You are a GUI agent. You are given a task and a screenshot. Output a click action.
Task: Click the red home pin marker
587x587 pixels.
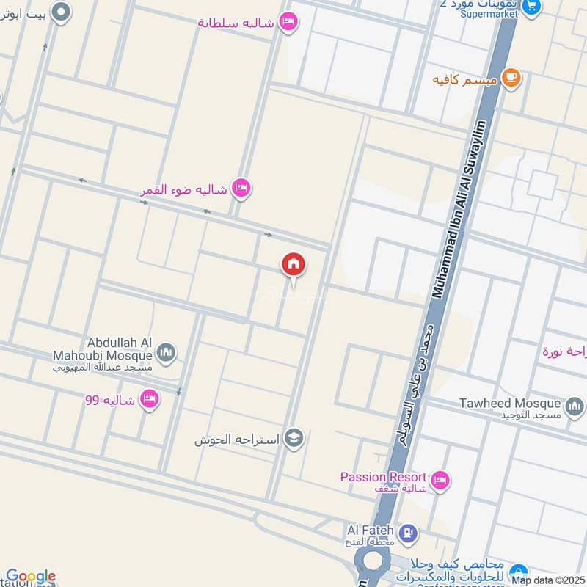pyautogui.click(x=293, y=264)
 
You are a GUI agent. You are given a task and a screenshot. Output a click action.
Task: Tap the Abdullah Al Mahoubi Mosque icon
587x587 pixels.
pyautogui.click(x=167, y=353)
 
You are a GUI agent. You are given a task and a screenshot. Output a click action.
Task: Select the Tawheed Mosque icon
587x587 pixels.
pyautogui.click(x=574, y=404)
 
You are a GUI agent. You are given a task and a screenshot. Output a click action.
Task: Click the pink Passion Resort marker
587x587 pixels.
pyautogui.click(x=440, y=481)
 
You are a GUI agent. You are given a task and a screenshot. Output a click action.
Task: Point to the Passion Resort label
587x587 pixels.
pyautogui.click(x=382, y=477)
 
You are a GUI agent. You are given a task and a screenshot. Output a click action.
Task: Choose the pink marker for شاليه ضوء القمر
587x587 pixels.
pyautogui.click(x=241, y=189)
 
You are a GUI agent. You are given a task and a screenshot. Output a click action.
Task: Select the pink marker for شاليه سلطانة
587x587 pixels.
pyautogui.click(x=288, y=22)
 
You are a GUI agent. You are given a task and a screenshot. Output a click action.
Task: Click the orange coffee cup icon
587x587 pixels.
pyautogui.click(x=511, y=78)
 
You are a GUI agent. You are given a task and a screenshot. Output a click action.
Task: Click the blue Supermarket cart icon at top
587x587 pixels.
pyautogui.click(x=533, y=6)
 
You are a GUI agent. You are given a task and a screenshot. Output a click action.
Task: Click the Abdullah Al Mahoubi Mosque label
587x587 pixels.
pyautogui.click(x=120, y=349)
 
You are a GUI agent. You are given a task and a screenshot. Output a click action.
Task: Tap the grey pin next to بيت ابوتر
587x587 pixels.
pyautogui.click(x=62, y=11)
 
